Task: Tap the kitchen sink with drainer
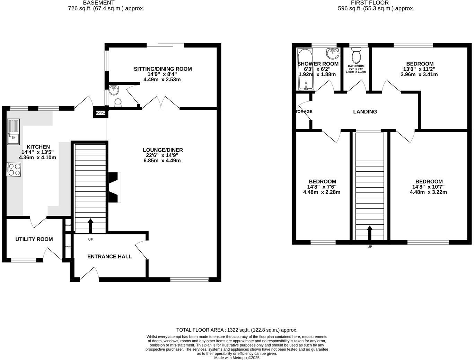click(14, 132)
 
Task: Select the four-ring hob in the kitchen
click(14, 169)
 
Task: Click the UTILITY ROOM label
click(34, 239)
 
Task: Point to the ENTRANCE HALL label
click(109, 256)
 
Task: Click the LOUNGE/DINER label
click(163, 150)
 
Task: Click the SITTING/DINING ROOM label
click(163, 69)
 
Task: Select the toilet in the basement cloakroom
click(118, 102)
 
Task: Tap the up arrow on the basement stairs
click(90, 226)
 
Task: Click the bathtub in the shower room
click(305, 69)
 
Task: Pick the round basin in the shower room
click(332, 54)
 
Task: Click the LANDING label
click(365, 111)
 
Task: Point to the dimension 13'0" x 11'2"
click(420, 69)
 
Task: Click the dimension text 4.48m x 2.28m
click(322, 192)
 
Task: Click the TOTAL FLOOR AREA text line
click(237, 330)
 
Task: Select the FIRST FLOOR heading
click(370, 3)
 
